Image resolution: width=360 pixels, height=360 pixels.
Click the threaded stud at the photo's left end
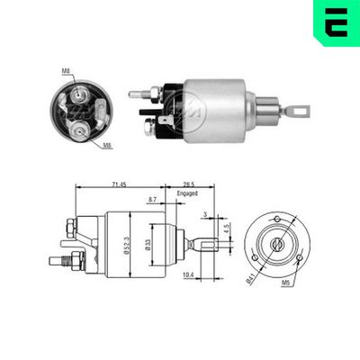click(x=137, y=92)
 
